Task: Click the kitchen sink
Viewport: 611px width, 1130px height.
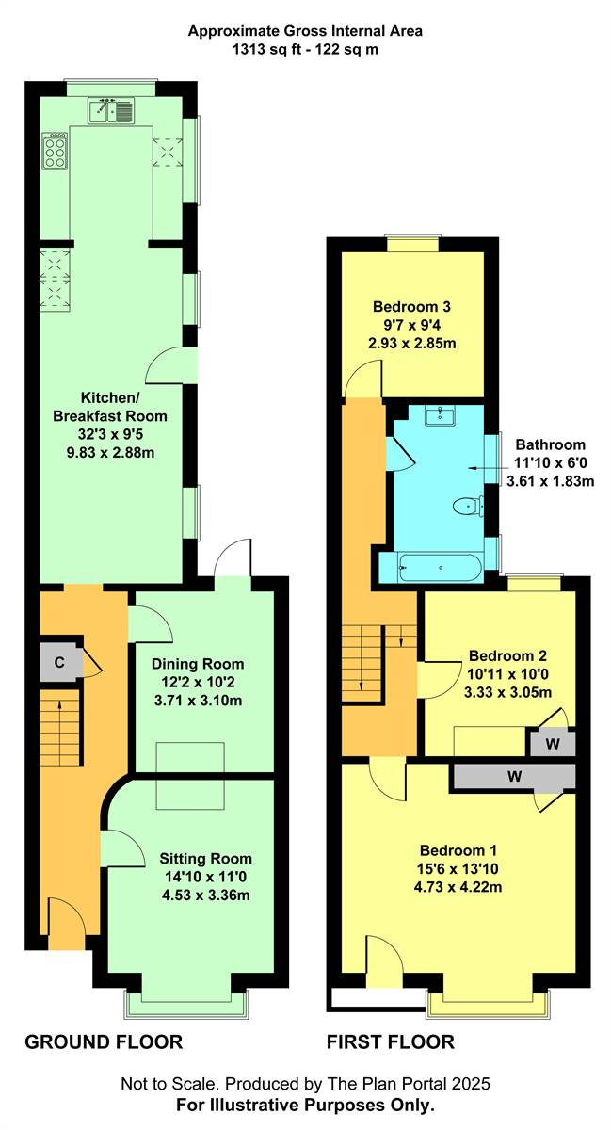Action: [x=111, y=110]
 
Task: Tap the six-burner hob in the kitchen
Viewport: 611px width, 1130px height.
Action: [x=55, y=151]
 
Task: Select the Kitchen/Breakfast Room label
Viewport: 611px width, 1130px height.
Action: [x=110, y=407]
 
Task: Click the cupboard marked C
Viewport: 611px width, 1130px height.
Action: [x=59, y=662]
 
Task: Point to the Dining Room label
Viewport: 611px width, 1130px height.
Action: [x=198, y=664]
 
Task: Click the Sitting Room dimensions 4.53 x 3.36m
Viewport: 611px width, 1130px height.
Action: [x=206, y=895]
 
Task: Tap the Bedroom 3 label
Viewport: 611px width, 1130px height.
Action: [x=411, y=306]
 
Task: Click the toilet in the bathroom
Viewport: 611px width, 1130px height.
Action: [x=468, y=506]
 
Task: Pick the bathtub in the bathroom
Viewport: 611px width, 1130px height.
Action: [x=441, y=568]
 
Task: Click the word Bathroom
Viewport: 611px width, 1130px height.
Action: [x=551, y=444]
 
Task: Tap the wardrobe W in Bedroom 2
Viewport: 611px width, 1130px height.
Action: [x=553, y=743]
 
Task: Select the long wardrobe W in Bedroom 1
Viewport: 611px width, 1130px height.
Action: [x=514, y=776]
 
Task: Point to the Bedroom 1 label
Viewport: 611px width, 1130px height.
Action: [x=458, y=850]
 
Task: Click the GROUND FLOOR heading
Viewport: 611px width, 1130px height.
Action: [x=104, y=1041]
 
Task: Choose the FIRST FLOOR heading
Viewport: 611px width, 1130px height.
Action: [x=391, y=1041]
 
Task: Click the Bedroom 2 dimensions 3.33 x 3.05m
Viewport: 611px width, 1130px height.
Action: [x=507, y=692]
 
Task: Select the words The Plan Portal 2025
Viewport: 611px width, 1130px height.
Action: [x=409, y=1084]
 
